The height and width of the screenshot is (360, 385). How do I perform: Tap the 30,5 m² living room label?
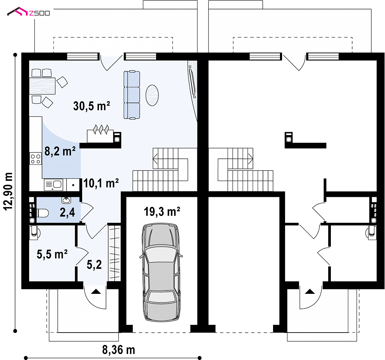point(91,106)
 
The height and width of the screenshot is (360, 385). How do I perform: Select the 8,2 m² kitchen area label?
point(60,151)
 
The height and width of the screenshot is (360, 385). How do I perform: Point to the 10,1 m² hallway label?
point(101,183)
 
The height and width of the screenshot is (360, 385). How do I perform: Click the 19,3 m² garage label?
point(162,212)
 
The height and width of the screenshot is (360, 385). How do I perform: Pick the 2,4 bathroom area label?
point(67,212)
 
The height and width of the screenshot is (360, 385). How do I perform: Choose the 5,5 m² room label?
point(52,254)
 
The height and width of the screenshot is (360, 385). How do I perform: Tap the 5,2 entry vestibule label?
point(94,264)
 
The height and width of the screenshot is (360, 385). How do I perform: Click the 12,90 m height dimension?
point(8,191)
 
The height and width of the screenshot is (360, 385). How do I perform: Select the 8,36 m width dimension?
point(119,350)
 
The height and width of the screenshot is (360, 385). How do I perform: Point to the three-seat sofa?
point(132,95)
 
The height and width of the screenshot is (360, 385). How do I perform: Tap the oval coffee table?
point(152,95)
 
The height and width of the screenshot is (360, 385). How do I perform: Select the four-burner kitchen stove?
point(36,159)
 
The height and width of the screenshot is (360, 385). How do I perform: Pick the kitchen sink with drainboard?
point(53,185)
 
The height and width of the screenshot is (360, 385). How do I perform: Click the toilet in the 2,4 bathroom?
point(42,213)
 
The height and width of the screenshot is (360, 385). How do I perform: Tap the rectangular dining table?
point(42,86)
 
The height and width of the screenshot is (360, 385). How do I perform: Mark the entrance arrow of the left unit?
point(96,291)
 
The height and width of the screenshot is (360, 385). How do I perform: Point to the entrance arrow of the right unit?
point(309,291)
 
